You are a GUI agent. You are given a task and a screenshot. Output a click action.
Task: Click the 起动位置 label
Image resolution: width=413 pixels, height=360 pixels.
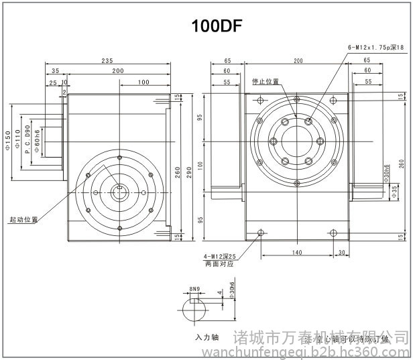[23, 220]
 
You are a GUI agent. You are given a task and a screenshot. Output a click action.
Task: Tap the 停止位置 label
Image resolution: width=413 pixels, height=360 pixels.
[265, 81]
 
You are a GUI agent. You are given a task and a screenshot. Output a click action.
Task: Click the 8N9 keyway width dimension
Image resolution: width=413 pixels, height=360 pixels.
[194, 289]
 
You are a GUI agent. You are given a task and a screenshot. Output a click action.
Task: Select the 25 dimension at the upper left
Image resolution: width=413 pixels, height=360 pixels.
[52, 83]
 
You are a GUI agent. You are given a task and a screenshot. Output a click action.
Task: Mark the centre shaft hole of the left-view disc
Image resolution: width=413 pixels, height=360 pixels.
[119, 192]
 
